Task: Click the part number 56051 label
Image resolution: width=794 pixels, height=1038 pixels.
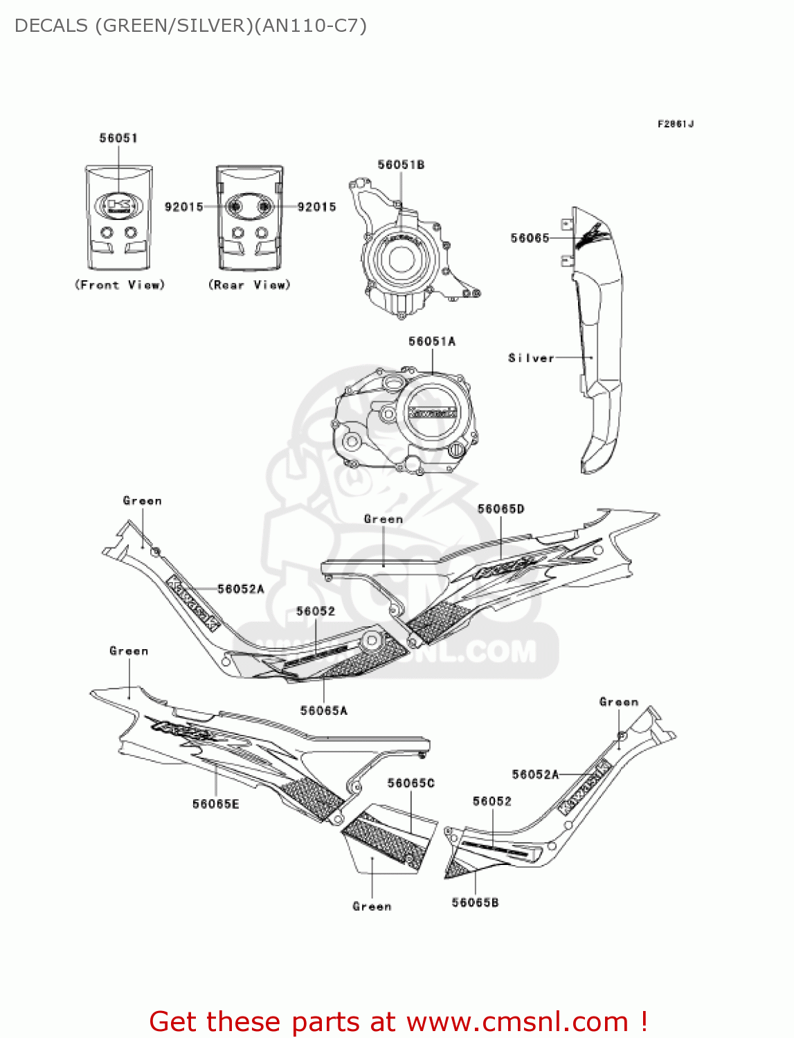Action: [118, 138]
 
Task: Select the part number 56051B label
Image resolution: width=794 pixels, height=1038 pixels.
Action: [401, 165]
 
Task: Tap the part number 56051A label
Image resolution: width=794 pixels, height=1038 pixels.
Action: [432, 341]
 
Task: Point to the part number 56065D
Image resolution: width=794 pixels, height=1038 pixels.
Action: [500, 509]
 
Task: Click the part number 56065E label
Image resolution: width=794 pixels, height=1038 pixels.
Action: [215, 804]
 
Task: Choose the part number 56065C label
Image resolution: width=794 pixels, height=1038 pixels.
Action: [410, 783]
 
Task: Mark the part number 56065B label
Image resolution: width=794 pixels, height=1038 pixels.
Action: [475, 902]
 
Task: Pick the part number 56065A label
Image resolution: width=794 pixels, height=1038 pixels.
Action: [323, 711]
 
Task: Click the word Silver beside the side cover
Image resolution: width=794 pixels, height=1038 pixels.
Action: [531, 358]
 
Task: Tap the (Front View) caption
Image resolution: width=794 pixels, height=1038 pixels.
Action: [119, 285]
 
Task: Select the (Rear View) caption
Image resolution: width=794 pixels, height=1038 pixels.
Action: [249, 285]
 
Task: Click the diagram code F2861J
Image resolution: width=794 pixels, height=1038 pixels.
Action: [675, 125]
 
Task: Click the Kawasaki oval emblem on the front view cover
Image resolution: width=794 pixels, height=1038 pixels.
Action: [118, 206]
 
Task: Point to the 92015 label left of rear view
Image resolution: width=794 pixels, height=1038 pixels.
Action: [183, 207]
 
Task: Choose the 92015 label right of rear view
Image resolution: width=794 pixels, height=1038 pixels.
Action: [316, 207]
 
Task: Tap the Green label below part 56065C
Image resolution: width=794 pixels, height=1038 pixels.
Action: [372, 907]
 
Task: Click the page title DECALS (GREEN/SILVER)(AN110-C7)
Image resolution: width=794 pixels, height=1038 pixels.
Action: [190, 26]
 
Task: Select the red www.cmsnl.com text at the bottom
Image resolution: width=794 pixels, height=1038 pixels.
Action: [517, 1021]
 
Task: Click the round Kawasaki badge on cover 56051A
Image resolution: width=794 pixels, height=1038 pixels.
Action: [432, 413]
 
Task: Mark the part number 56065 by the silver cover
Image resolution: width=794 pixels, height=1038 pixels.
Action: [530, 238]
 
